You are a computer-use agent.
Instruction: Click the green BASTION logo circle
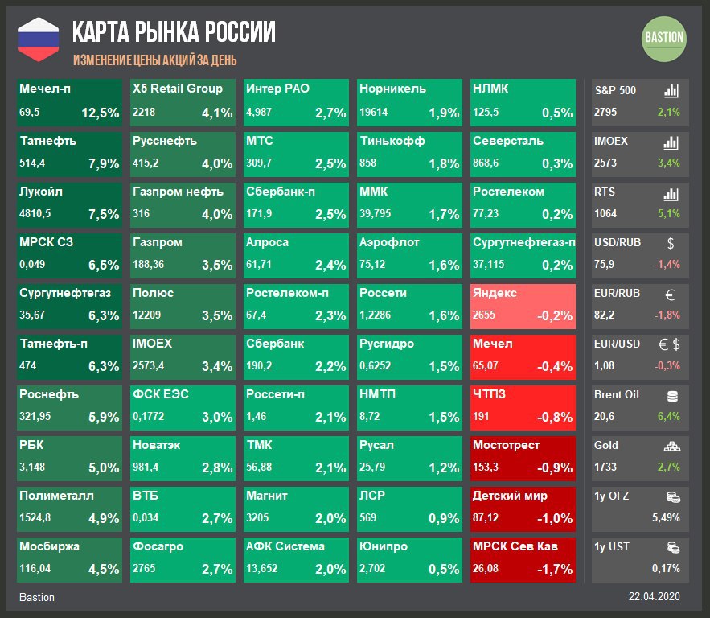coord(664,37)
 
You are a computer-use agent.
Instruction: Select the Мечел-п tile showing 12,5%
coord(70,102)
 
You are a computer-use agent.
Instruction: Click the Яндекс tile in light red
coord(523,306)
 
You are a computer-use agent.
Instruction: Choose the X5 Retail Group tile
coord(183,102)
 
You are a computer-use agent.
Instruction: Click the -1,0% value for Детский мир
coord(556,518)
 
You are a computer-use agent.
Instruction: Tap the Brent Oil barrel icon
coord(672,396)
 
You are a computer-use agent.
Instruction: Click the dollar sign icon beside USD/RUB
coord(671,243)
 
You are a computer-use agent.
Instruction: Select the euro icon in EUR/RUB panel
coord(671,294)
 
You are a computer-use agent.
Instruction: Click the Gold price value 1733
coord(605,467)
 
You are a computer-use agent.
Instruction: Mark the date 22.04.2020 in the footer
coord(655,597)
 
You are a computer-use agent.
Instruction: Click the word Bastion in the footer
coord(37,597)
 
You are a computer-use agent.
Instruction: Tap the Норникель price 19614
coord(374,113)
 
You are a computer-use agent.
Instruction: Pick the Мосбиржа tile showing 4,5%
coord(70,559)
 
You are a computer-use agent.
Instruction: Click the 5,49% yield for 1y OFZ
coord(666,517)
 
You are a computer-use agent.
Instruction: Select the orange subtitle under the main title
coord(154,60)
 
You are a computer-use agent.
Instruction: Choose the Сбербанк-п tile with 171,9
coord(297,204)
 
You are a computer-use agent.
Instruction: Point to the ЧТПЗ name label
coord(490,393)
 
